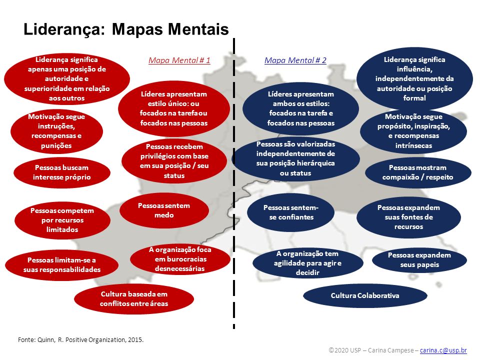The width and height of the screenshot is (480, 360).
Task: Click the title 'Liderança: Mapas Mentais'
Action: tap(126, 29)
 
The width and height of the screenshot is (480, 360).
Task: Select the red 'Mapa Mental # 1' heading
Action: tap(179, 60)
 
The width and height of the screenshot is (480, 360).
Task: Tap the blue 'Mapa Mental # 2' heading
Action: tap(295, 60)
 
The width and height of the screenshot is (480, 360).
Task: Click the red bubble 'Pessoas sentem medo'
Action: tap(164, 210)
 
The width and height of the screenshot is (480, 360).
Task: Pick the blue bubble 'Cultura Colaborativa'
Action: tap(365, 295)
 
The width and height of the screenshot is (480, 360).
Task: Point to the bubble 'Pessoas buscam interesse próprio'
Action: tap(62, 172)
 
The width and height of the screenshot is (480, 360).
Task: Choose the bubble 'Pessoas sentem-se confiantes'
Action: tap(291, 212)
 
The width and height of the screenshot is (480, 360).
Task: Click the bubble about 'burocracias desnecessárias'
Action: tap(180, 259)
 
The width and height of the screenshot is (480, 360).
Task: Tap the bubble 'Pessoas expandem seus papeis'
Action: tap(419, 260)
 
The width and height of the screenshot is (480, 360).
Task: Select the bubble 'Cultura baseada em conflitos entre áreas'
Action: tap(134, 299)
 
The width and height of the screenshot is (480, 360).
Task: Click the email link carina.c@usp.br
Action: tap(443, 350)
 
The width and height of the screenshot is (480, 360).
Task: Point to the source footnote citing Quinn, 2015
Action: tap(81, 340)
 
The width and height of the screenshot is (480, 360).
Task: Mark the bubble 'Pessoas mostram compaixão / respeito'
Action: tap(418, 172)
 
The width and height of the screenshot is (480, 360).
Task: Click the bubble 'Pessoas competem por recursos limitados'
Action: tap(62, 220)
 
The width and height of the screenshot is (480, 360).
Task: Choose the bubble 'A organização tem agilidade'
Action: tap(307, 263)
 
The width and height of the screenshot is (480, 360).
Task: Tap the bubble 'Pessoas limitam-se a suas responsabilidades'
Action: tap(62, 265)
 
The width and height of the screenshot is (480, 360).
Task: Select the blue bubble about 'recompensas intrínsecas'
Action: tap(413, 131)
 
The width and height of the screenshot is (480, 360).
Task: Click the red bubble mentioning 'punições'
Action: tap(56, 131)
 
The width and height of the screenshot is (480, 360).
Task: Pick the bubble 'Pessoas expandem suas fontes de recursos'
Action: tap(408, 217)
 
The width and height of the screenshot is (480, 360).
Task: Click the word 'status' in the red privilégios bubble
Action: tap(174, 175)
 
